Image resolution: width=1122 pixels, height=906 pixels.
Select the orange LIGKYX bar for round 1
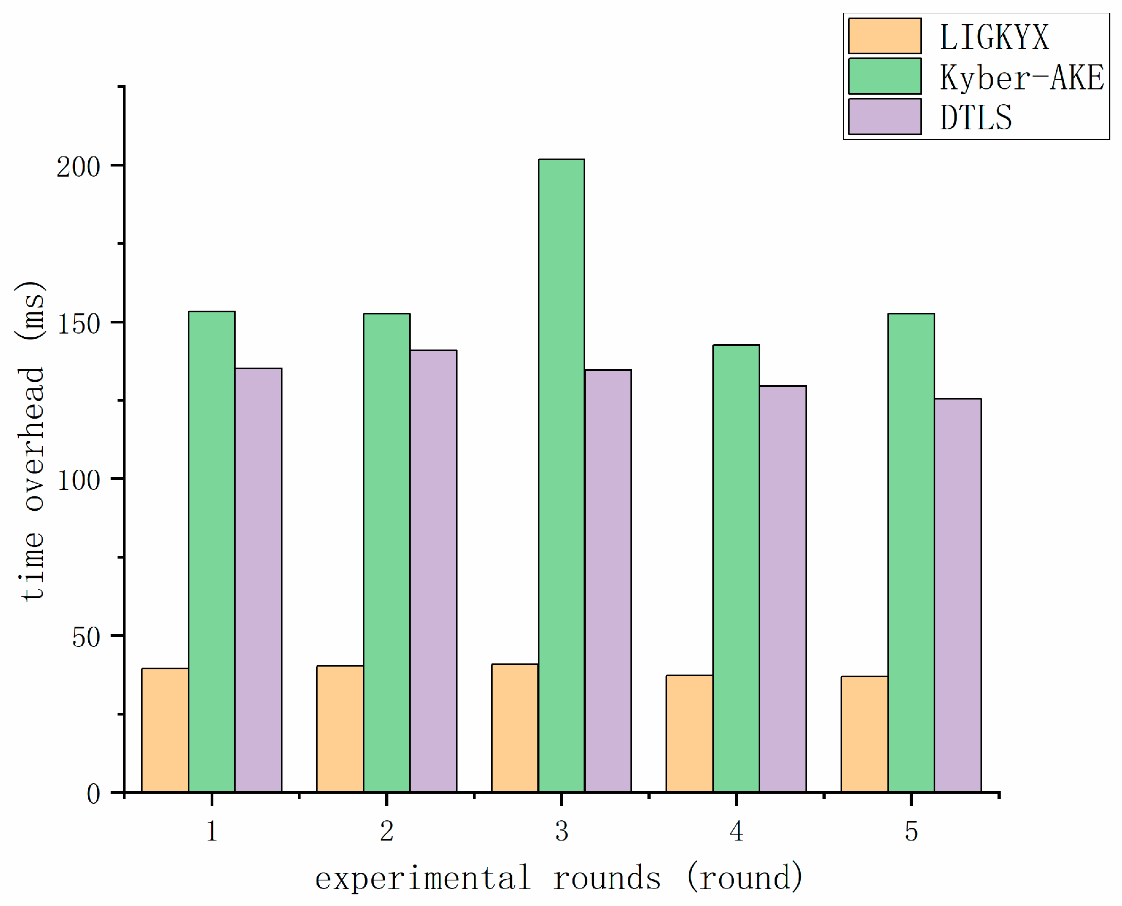165,730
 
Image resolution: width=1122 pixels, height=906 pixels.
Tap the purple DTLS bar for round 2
433,571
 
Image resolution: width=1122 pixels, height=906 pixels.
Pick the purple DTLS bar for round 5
958,595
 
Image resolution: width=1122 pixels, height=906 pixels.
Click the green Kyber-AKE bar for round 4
736,568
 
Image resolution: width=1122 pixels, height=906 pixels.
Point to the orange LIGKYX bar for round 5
865,734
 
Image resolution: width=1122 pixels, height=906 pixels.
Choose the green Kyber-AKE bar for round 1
212,552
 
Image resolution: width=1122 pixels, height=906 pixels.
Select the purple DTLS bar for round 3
608,580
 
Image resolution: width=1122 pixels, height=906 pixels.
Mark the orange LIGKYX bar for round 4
689,734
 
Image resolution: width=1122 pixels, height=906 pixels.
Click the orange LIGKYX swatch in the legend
884,36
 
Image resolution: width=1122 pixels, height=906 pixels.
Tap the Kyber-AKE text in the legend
1021,78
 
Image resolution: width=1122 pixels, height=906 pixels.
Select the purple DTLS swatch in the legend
884,117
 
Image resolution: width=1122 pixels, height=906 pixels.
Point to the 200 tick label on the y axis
79,168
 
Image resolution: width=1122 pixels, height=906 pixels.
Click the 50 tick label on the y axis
86,637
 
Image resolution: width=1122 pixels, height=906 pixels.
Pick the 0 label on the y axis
94,794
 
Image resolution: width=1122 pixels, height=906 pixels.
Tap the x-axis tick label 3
562,831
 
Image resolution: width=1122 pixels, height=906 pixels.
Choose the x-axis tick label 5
911,831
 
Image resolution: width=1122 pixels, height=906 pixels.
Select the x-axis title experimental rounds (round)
559,878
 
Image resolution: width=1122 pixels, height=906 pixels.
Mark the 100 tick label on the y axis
79,481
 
